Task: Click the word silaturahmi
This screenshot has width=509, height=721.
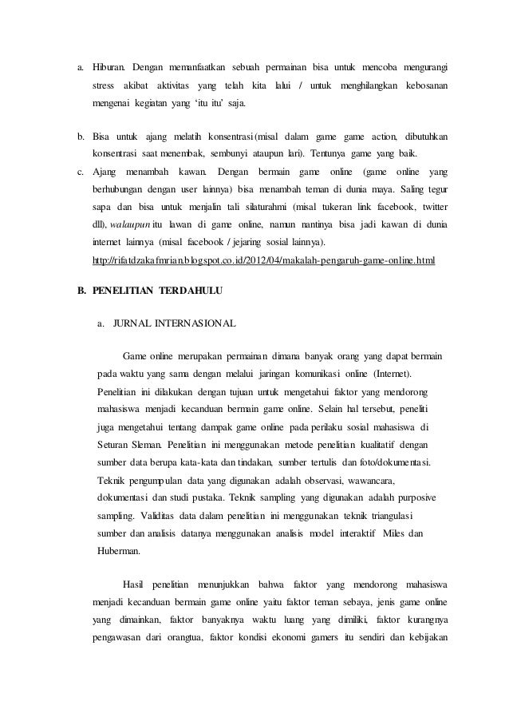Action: (244, 206)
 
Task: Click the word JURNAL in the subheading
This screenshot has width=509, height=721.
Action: (135, 324)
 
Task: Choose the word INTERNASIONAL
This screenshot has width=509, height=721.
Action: (198, 324)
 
